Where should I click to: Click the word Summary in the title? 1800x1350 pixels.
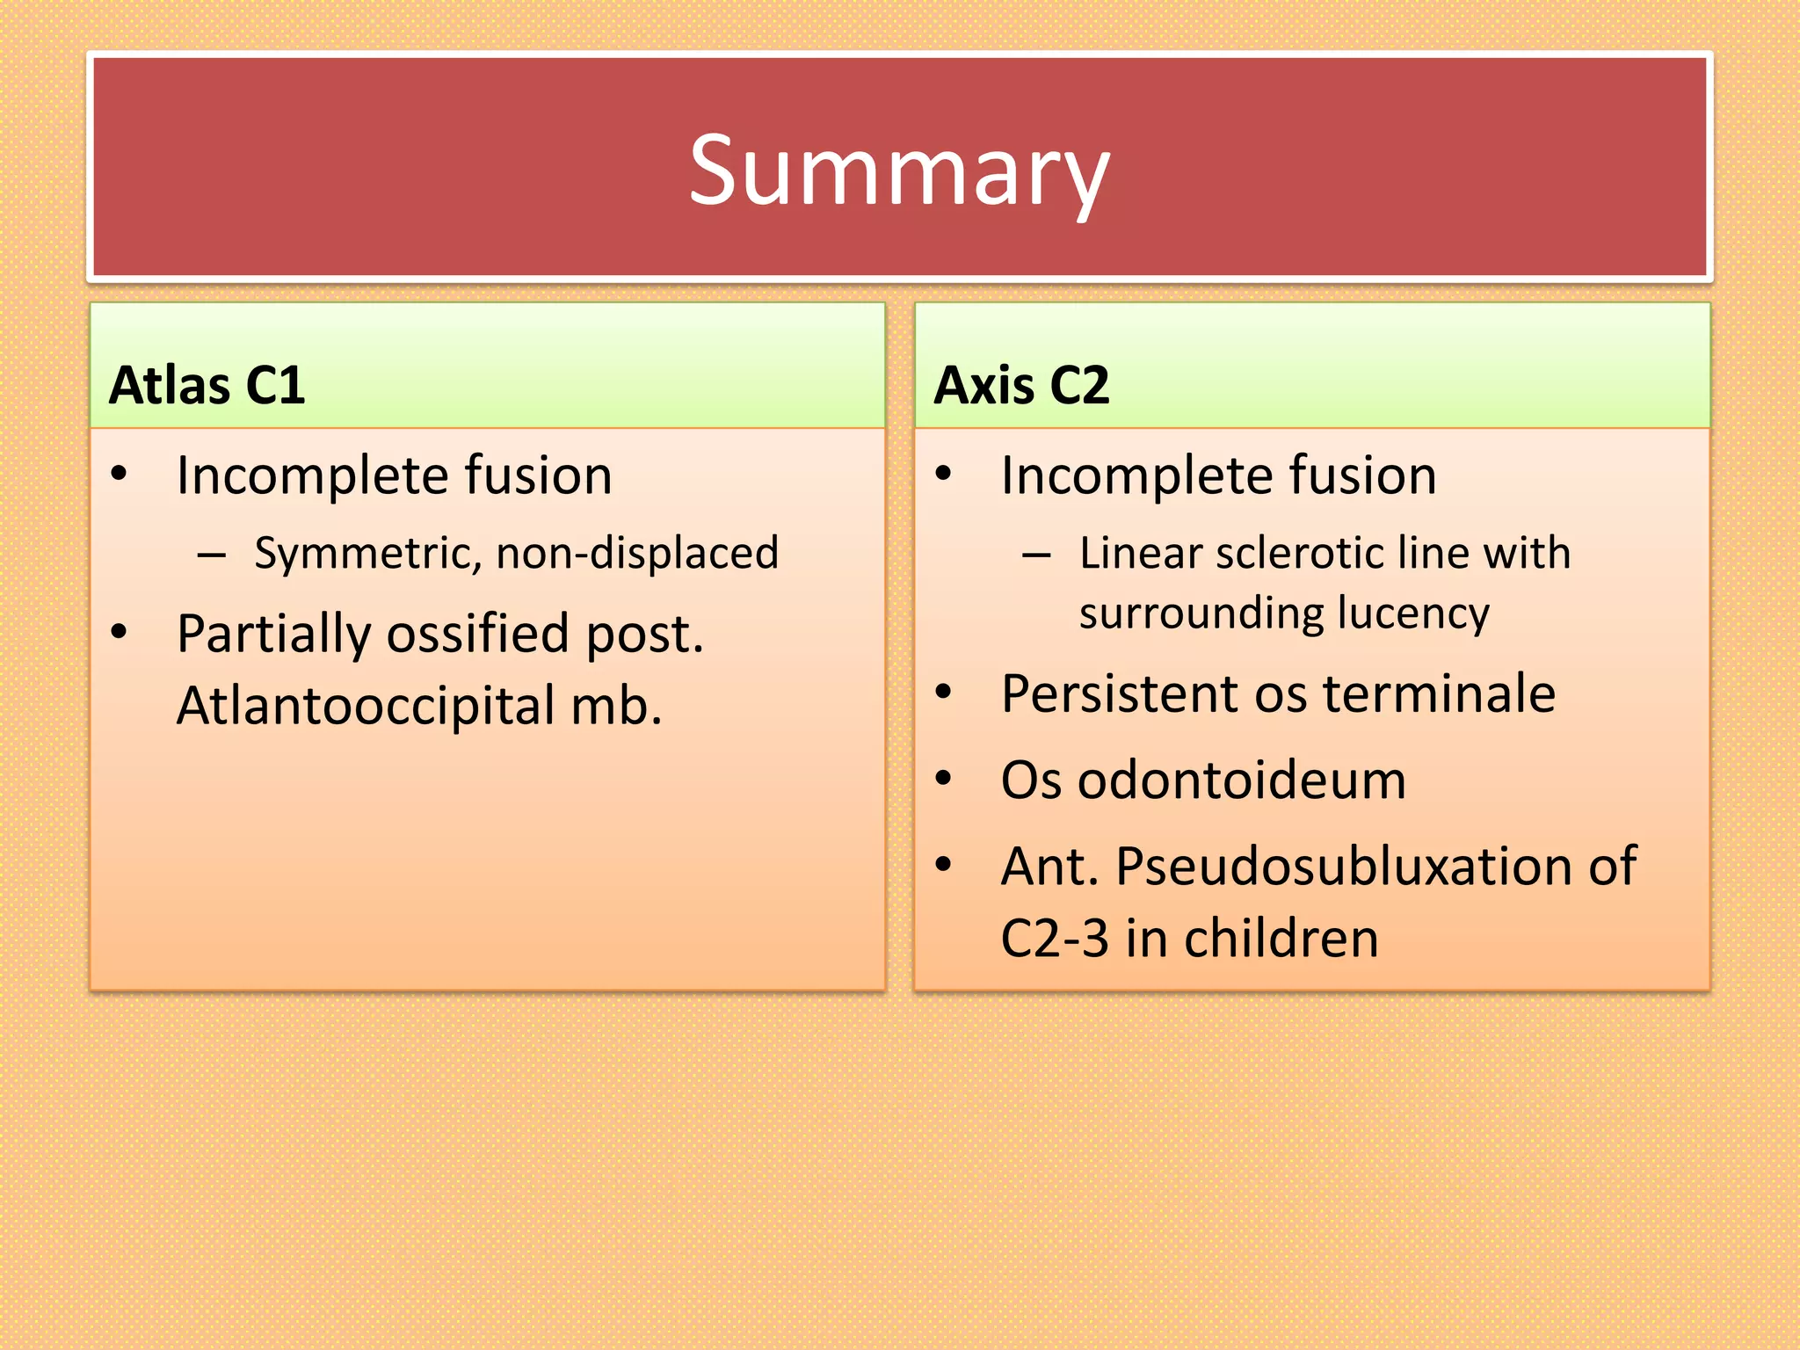coord(899,171)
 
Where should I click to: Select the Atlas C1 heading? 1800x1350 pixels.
coord(207,385)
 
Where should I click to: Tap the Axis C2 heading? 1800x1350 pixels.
coord(1021,385)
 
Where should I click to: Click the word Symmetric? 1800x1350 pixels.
coord(367,554)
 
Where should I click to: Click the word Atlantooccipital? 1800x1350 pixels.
coord(365,706)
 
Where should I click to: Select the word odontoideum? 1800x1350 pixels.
coord(1241,780)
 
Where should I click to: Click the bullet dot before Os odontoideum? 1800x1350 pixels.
coord(944,779)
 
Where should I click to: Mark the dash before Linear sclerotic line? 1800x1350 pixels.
coord(1037,555)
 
